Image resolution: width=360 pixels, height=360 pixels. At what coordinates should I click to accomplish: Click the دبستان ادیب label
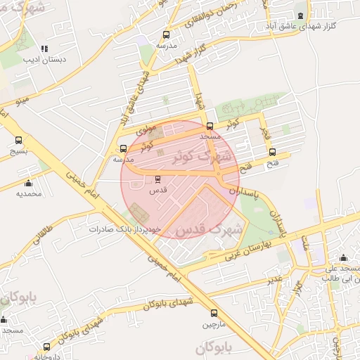[x=45, y=60]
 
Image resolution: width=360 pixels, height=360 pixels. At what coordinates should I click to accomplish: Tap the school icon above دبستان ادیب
[x=44, y=49]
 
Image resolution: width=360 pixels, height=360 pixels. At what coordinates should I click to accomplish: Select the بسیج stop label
[x=19, y=151]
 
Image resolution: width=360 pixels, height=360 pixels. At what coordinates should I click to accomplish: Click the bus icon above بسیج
[x=19, y=140]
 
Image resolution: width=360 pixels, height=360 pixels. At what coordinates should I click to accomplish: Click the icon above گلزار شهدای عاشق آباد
[x=301, y=15]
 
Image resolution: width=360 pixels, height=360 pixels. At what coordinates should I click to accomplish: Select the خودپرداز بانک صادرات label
[x=126, y=229]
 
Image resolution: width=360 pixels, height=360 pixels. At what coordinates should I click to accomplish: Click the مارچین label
[x=215, y=324]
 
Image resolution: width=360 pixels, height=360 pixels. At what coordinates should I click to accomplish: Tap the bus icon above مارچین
[x=214, y=314]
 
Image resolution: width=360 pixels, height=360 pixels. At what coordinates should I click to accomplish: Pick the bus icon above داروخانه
[x=47, y=347]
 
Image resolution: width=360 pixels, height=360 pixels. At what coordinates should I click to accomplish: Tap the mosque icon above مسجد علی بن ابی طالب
[x=342, y=257]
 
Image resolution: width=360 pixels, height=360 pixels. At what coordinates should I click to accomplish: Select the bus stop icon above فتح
[x=272, y=153]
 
